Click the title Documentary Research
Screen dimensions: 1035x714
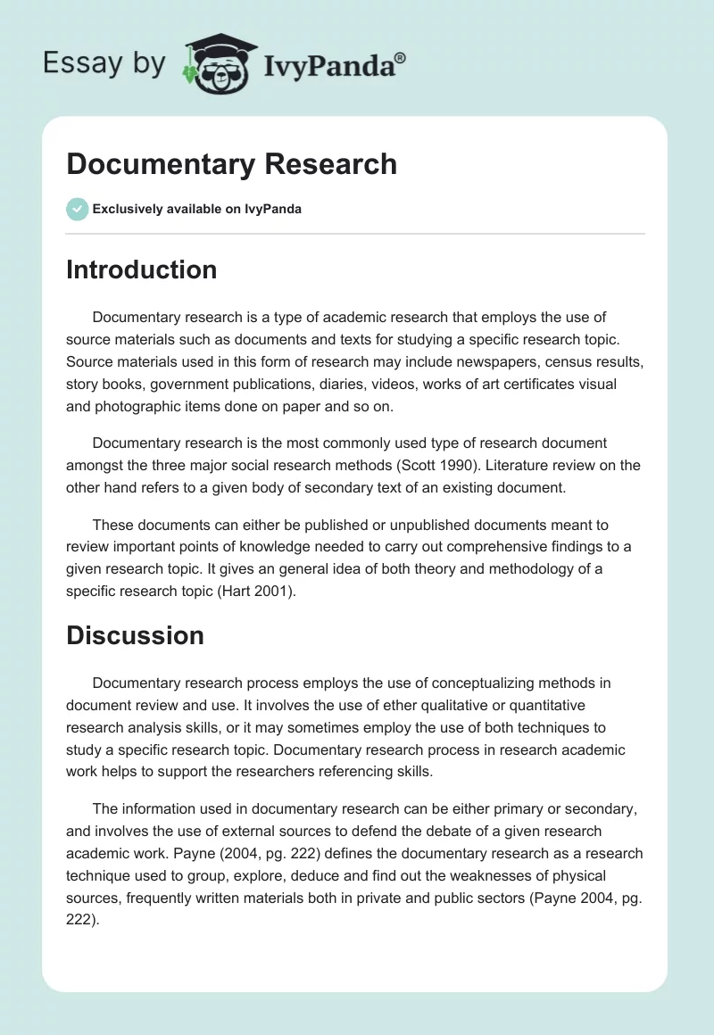click(231, 164)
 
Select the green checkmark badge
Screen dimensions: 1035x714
click(77, 209)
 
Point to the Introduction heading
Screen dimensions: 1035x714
click(141, 270)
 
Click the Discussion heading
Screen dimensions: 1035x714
click(135, 635)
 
